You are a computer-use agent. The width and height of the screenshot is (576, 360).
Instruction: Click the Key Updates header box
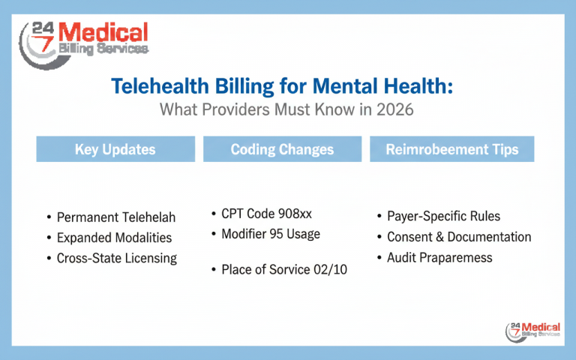coord(115,149)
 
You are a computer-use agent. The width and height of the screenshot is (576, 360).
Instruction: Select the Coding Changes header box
coord(282,149)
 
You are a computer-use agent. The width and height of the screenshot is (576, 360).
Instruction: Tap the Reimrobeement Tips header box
coord(451,149)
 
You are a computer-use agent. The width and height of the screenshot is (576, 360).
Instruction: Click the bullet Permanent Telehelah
coord(116,217)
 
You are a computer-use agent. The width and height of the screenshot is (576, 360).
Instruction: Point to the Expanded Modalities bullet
coord(114,238)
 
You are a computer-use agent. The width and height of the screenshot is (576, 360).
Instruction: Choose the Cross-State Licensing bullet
coord(116,258)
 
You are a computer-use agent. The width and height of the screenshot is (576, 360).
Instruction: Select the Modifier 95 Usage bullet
coord(270,234)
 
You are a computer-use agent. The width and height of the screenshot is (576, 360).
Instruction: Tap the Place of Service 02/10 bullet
coord(283,270)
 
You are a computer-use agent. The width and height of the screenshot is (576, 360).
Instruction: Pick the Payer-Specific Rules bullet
coord(442,217)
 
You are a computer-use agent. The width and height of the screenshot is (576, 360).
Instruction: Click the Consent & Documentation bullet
coord(458,237)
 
